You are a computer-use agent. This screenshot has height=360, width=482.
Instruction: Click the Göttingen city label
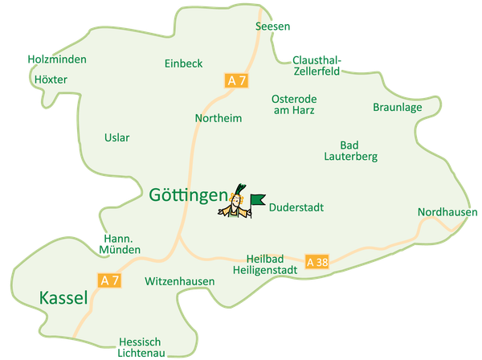[188, 194]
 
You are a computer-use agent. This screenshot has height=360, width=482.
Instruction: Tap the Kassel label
[63, 299]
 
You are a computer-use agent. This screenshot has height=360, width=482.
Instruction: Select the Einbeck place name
[183, 63]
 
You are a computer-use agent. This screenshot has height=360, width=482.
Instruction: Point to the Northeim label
[219, 118]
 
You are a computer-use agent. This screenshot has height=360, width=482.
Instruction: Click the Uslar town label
[116, 137]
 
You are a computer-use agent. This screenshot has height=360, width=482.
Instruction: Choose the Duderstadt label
[296, 207]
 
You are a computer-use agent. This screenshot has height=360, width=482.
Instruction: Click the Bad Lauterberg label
[350, 151]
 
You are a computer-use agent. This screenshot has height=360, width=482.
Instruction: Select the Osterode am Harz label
[294, 104]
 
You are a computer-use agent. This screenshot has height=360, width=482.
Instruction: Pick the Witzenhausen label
[180, 282]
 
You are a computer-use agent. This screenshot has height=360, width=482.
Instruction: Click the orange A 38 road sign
[317, 262]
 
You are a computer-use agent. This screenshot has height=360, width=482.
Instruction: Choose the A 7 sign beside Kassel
[109, 280]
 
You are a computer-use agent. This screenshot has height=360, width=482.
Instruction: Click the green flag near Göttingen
[257, 199]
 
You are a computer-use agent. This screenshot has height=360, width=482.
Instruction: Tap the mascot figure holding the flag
[234, 205]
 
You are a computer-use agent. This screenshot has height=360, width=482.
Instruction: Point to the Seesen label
[272, 27]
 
